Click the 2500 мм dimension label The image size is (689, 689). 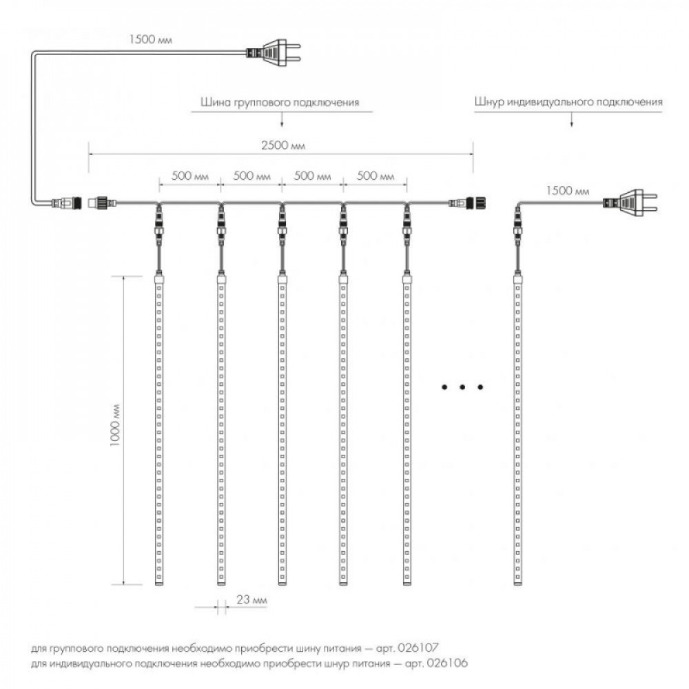click(283, 145)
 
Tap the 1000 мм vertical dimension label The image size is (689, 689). click(115, 425)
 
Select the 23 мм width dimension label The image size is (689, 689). click(251, 600)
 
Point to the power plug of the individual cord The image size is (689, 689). click(630, 203)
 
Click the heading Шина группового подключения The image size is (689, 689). click(280, 103)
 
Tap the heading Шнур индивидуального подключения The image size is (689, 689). click(568, 102)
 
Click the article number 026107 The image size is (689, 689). click(418, 648)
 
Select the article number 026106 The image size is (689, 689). click(447, 663)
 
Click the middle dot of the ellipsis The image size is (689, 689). click(462, 387)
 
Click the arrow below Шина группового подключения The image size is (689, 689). click(282, 119)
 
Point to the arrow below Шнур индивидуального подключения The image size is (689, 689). click(572, 119)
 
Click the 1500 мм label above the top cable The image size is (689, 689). click(151, 39)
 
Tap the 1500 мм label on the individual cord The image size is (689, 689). click(568, 191)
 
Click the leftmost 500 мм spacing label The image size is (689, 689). click(190, 176)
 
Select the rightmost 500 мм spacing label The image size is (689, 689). click(376, 176)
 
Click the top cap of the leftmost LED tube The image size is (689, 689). click(158, 278)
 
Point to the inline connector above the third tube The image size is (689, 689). click(282, 225)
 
